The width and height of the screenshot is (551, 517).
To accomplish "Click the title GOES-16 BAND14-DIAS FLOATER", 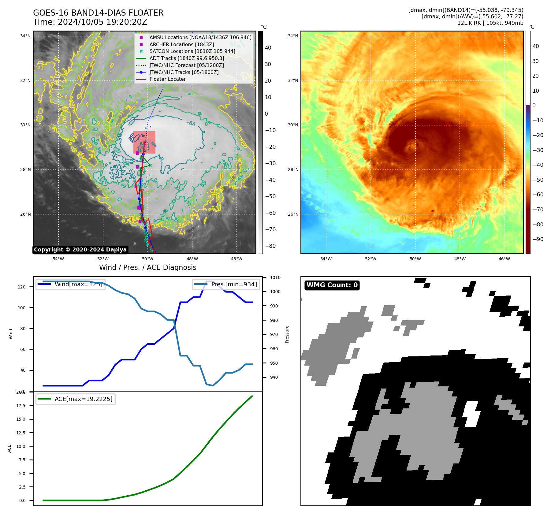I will click(98, 13).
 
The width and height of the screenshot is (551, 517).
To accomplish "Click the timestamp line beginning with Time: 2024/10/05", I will click(90, 22).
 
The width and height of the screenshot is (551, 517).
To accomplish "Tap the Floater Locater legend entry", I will click(167, 79).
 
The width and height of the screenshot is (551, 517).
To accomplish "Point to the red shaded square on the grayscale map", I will click(144, 142).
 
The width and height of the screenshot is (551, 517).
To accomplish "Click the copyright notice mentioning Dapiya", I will click(80, 250).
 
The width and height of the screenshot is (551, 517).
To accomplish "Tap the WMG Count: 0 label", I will click(332, 285).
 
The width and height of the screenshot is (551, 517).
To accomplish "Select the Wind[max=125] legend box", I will click(71, 284).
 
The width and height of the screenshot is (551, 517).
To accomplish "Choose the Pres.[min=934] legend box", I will click(226, 284).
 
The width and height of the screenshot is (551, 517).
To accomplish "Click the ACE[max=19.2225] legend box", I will click(76, 399).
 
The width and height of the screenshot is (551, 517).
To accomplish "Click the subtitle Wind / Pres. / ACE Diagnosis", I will click(147, 267).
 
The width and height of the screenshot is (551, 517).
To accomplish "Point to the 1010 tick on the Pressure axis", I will click(275, 277).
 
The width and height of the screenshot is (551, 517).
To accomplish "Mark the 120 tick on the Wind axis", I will click(22, 287).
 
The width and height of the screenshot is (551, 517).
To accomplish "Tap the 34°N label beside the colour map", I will click(293, 36).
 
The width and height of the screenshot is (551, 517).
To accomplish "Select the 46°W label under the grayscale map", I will click(236, 259).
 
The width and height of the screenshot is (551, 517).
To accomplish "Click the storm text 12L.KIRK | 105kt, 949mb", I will click(490, 23).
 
